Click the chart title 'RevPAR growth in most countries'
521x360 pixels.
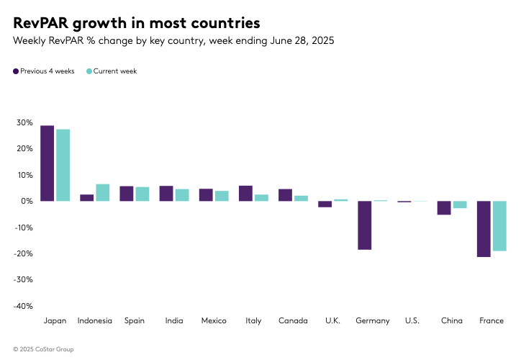(x=137, y=22)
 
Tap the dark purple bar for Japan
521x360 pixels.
(x=47, y=163)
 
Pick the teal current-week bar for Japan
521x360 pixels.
(x=63, y=165)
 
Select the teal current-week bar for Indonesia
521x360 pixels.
(x=102, y=192)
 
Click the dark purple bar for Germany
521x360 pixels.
(x=364, y=225)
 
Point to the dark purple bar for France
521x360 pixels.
(x=484, y=229)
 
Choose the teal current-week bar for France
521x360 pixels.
(x=499, y=225)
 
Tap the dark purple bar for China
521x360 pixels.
(x=444, y=207)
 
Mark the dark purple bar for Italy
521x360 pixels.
(x=245, y=193)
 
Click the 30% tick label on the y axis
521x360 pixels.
(x=24, y=123)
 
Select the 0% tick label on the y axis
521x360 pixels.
(x=26, y=202)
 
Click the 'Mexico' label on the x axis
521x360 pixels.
(x=213, y=320)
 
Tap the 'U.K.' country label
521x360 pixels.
(x=332, y=320)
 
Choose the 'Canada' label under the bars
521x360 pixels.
(x=293, y=320)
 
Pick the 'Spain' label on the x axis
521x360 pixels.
(x=134, y=320)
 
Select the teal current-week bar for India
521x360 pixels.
(x=182, y=195)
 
